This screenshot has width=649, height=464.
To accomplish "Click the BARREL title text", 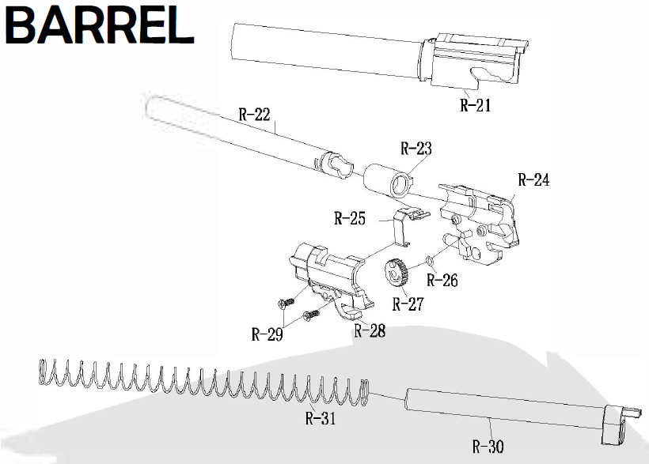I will (100, 26).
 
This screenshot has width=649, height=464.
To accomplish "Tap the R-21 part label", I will (476, 105).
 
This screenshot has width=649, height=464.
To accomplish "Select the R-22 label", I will (255, 115).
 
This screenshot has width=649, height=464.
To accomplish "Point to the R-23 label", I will (416, 149).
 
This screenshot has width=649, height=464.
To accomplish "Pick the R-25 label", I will (350, 219).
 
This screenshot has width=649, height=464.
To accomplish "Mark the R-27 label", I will (409, 304).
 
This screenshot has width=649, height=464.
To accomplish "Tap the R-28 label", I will (370, 331).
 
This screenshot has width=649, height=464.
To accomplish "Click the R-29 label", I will (268, 334).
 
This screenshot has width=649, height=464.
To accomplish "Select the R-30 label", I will (488, 447).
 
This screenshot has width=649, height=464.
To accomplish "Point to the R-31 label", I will (321, 419).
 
